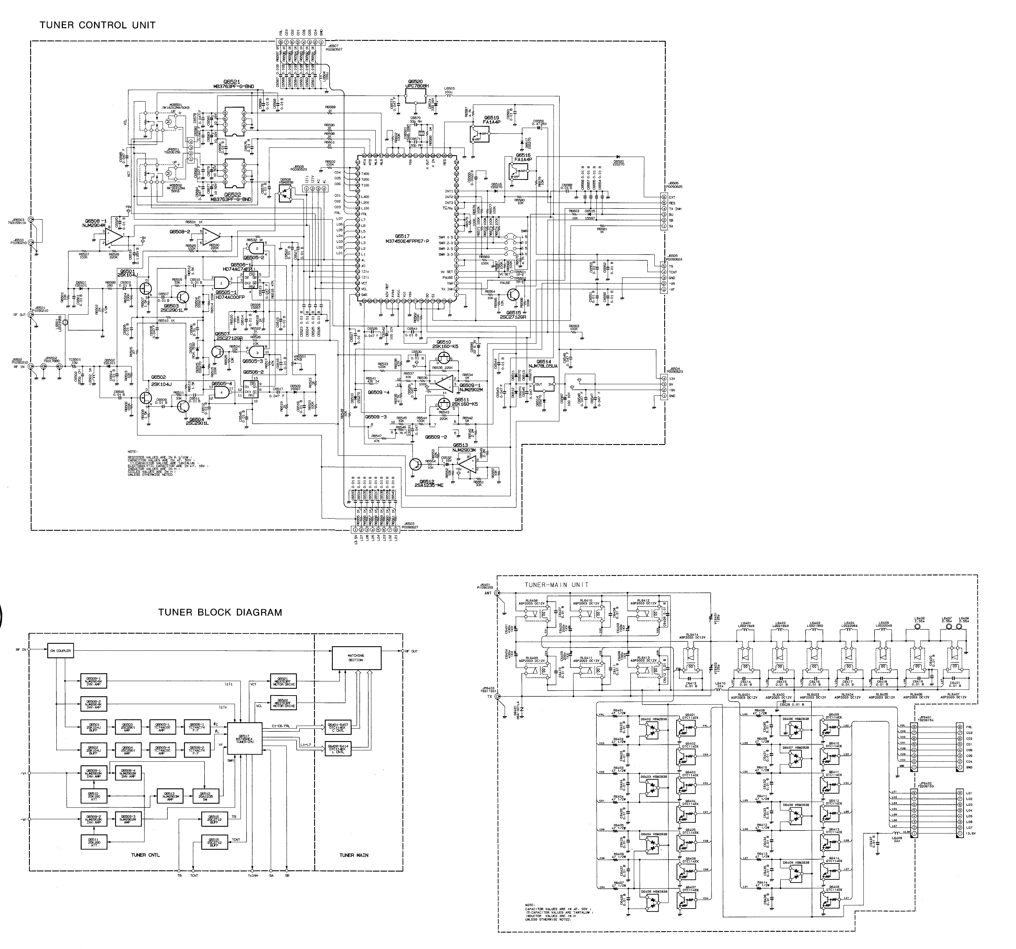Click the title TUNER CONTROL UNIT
pos(97,25)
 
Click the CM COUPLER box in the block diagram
pos(60,651)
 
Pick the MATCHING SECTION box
pos(356,658)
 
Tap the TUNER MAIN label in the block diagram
pos(354,855)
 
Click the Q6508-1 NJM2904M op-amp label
pos(93,222)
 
